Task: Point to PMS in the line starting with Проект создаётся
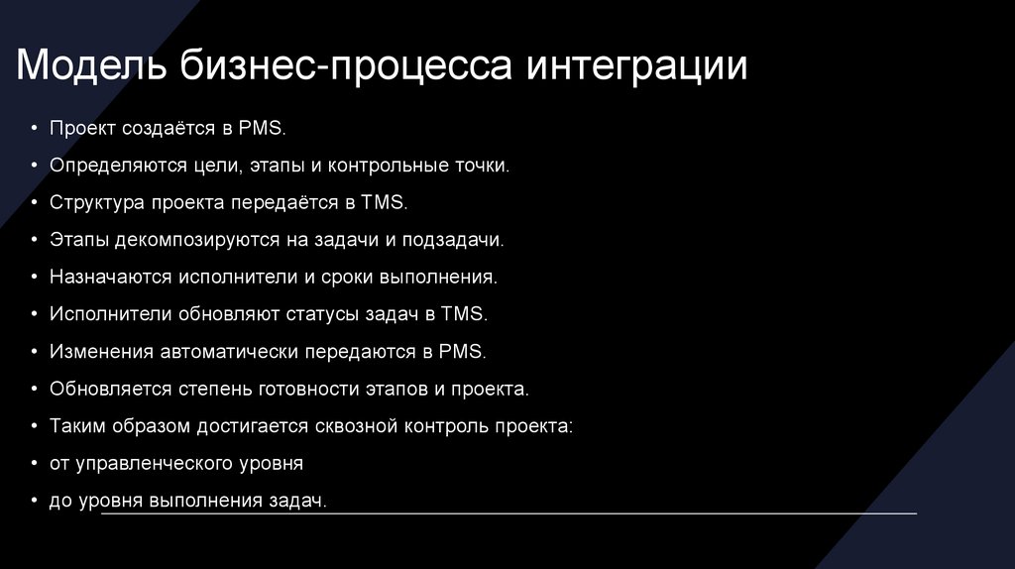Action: pos(263,128)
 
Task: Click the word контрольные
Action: pos(394,166)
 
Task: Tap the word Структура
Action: pos(96,202)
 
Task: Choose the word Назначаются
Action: pos(110,277)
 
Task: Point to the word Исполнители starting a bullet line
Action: pos(110,314)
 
